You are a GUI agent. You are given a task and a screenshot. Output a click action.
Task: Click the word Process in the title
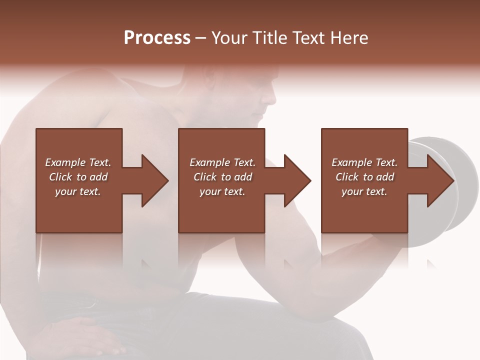tap(157, 38)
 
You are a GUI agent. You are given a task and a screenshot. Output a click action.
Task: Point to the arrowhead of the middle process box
tap(297, 180)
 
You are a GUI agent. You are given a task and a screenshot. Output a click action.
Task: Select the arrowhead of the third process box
tap(440, 180)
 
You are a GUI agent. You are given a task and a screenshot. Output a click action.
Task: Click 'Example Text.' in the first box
tap(78, 162)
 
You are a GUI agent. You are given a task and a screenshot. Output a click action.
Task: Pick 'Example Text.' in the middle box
tap(222, 162)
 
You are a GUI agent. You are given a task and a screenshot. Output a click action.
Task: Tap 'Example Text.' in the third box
tap(364, 162)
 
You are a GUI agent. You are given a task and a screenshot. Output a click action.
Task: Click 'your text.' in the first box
tap(78, 191)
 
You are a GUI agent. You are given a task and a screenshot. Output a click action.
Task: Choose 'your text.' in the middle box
tap(222, 191)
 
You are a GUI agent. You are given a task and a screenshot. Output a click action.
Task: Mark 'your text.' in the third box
tap(364, 191)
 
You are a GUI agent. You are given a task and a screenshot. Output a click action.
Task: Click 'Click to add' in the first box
tap(78, 177)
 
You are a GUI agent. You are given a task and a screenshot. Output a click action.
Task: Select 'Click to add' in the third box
tap(364, 177)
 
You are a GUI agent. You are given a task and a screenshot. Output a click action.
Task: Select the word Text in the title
tap(307, 38)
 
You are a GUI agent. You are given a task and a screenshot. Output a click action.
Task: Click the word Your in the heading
tap(229, 38)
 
